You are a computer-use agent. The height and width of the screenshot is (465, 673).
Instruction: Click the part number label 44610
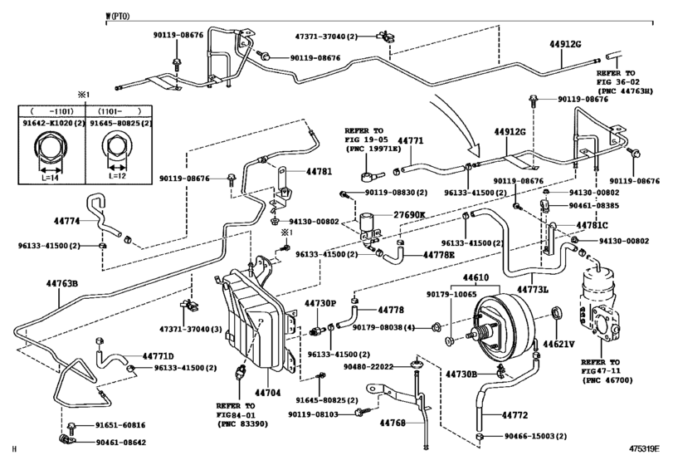coord(475,277)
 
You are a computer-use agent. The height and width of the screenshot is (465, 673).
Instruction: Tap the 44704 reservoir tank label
coord(267,393)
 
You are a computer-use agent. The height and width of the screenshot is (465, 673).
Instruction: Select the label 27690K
coord(409,215)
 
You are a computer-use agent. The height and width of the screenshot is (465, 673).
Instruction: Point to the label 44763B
coord(61,283)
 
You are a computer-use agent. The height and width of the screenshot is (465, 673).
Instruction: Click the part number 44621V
coord(558,344)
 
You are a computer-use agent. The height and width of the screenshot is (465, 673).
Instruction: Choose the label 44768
coord(393,423)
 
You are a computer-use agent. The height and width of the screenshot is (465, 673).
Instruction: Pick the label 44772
coord(515,415)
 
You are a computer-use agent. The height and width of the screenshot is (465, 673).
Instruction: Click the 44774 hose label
coord(67,221)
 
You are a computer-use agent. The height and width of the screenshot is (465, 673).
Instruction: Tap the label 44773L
coord(532,290)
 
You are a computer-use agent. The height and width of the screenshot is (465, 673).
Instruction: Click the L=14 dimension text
coord(51,178)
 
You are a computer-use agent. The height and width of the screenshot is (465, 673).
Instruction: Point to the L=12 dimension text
coord(117,176)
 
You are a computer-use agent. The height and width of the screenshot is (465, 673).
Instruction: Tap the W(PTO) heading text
coord(117,17)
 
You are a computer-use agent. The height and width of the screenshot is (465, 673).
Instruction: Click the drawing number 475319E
coord(644,449)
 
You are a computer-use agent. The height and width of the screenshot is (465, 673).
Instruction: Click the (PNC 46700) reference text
coord(607,380)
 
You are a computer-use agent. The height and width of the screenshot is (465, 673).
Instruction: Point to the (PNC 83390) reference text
coord(242,423)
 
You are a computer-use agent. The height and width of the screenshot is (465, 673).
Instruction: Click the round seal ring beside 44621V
coord(556,313)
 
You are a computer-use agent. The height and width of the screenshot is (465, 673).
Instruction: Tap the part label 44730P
coord(320,303)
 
